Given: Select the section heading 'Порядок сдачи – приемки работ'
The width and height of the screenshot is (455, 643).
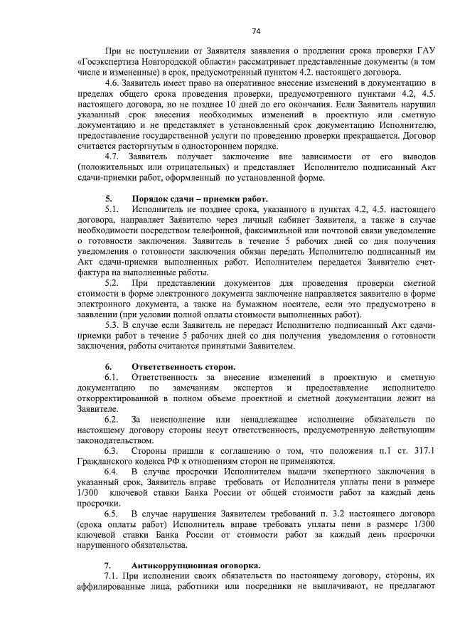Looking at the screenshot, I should [x=200, y=198].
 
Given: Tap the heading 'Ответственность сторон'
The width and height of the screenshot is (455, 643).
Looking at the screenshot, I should [x=183, y=366].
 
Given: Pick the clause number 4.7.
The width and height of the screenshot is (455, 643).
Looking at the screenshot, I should [x=112, y=155].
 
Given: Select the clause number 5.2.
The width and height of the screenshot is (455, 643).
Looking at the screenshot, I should [x=112, y=283].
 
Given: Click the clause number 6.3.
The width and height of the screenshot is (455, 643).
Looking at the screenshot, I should [x=112, y=451].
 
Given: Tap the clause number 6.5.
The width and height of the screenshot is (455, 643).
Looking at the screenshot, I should [x=112, y=513].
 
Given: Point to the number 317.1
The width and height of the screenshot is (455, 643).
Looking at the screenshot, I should [x=426, y=451].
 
